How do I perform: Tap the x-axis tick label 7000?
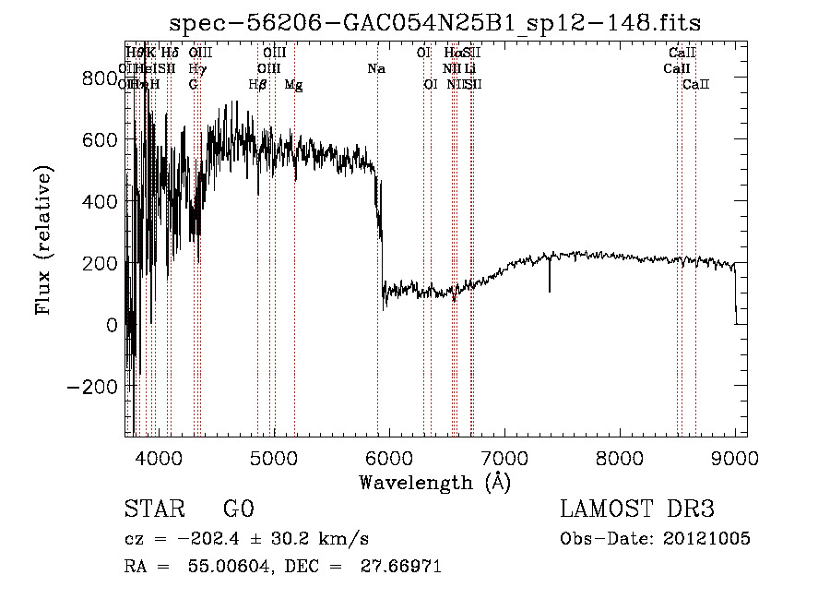pyautogui.click(x=504, y=457)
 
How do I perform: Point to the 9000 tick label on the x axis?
pyautogui.click(x=734, y=457)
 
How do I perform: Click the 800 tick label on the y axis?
pyautogui.click(x=100, y=78)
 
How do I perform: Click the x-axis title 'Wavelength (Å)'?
pyautogui.click(x=434, y=482)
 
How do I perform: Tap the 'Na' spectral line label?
pyautogui.click(x=375, y=68)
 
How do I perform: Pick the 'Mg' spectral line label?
pyautogui.click(x=293, y=85)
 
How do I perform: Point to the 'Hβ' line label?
pyautogui.click(x=258, y=85)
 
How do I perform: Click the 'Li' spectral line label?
pyautogui.click(x=470, y=68)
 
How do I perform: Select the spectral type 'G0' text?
pyautogui.click(x=238, y=509)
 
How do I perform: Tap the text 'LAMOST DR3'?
pyautogui.click(x=636, y=509)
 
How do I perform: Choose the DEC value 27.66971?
pyautogui.click(x=398, y=567)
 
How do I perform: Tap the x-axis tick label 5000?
pyautogui.click(x=273, y=457)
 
